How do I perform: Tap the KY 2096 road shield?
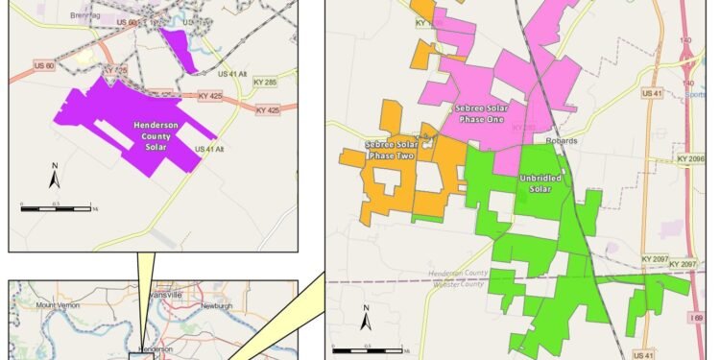coord(690,158)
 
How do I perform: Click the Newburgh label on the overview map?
coord(217,306)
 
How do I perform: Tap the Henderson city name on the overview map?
coord(155,349)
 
